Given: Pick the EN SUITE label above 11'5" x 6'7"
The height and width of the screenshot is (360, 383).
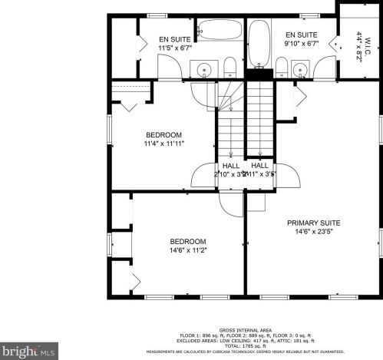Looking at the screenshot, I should coord(175,39).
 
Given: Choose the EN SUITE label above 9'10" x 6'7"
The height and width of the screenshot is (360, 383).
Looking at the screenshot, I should coord(301,35).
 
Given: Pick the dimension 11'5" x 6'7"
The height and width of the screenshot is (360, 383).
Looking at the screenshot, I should coord(175,48).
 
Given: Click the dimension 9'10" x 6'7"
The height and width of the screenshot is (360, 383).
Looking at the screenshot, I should coord(301,44).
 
